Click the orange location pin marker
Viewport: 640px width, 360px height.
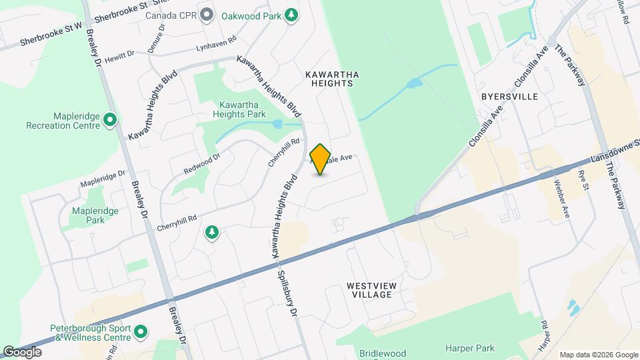click(x=320, y=159)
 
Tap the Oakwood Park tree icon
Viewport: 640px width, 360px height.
click(x=291, y=15)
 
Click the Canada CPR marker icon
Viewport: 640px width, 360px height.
click(x=207, y=15)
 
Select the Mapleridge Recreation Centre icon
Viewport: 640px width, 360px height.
click(x=110, y=121)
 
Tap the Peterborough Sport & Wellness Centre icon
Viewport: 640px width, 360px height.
click(x=141, y=331)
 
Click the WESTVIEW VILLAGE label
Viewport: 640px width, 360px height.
click(x=372, y=290)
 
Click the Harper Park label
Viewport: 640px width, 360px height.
click(x=471, y=348)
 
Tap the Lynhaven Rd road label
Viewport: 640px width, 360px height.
click(x=217, y=44)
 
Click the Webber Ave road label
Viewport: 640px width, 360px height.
click(x=557, y=200)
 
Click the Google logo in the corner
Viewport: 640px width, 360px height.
click(x=22, y=351)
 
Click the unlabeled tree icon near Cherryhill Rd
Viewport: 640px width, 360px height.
click(x=212, y=232)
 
